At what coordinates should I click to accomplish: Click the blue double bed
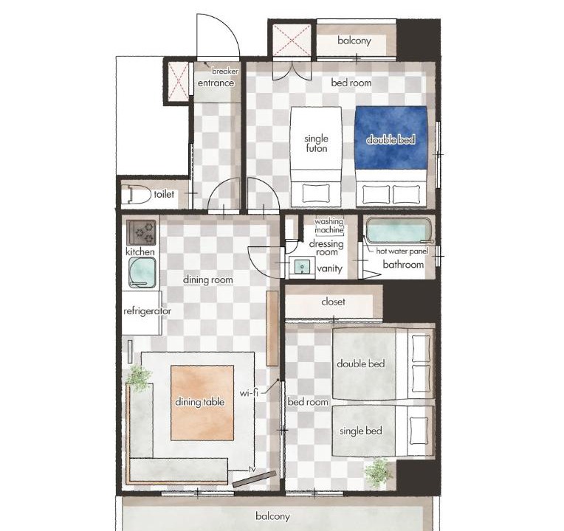pyautogui.click(x=391, y=156)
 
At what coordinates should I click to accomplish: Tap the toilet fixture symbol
pyautogui.click(x=136, y=195)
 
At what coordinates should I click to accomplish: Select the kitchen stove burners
pyautogui.click(x=141, y=232)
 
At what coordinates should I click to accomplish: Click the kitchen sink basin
pyautogui.click(x=142, y=273)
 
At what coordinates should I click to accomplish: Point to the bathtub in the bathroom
pyautogui.click(x=399, y=231)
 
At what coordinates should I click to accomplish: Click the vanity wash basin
pyautogui.click(x=301, y=267)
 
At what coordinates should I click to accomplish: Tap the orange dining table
pyautogui.click(x=202, y=403)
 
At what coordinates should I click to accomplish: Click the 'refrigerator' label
pyautogui.click(x=147, y=310)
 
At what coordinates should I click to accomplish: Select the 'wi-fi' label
pyautogui.click(x=249, y=392)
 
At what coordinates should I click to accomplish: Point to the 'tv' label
pyautogui.click(x=252, y=469)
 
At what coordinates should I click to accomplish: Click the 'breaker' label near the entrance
pyautogui.click(x=225, y=71)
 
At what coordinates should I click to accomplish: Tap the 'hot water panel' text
pyautogui.click(x=402, y=251)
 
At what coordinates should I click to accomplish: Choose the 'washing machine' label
pyautogui.click(x=329, y=226)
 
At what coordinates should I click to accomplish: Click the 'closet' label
pyautogui.click(x=334, y=302)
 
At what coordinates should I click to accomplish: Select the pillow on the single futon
pyautogui.click(x=316, y=194)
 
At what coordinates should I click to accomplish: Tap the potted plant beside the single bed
pyautogui.click(x=378, y=472)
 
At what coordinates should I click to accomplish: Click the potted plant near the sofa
pyautogui.click(x=140, y=378)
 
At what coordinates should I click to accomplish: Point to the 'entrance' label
pyautogui.click(x=216, y=83)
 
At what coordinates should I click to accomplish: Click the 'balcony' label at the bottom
pyautogui.click(x=272, y=516)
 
